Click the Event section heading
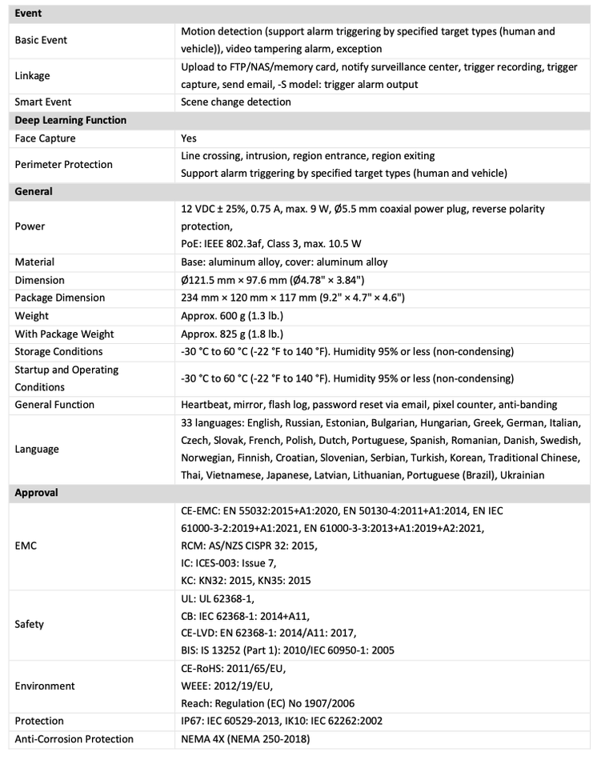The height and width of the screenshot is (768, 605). pos(28,14)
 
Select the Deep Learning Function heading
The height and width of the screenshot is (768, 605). pos(70,120)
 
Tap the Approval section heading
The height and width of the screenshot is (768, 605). pos(36,493)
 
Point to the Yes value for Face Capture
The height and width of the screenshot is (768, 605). pos(190,138)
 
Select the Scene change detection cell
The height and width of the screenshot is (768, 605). pos(236,102)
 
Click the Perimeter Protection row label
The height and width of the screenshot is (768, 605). pos(63,165)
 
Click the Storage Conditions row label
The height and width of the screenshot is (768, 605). pos(58,351)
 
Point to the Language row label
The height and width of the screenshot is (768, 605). pos(37,449)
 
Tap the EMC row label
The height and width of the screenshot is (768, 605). pos(26,546)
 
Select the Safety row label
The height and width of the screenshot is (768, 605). pos(30,624)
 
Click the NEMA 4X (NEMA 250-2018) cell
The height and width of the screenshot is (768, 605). pos(245,738)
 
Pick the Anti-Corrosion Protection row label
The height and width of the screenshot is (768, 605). pos(74,738)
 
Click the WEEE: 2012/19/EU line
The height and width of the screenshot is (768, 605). pos(226,686)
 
